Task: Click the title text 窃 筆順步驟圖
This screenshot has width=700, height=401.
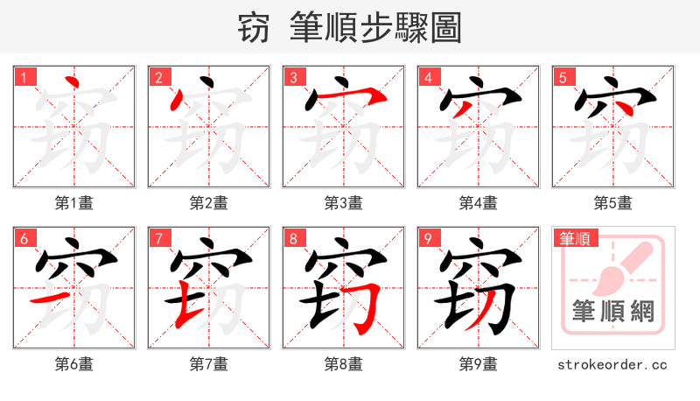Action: pos(349,28)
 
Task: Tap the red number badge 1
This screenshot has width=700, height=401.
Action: pos(24,77)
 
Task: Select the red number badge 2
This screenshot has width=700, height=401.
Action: pos(158,77)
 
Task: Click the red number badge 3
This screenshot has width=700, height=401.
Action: pos(293,77)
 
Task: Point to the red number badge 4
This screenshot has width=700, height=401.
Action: pos(428,77)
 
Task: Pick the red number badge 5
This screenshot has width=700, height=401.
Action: pos(563,77)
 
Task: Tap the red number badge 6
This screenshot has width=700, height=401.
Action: pos(24,238)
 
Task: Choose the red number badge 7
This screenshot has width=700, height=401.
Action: pos(158,238)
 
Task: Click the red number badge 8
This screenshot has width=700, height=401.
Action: pos(293,238)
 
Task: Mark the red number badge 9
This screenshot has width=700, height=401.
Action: pos(428,238)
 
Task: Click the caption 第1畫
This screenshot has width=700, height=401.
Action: pos(74,203)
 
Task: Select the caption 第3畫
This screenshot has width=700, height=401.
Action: pos(344,203)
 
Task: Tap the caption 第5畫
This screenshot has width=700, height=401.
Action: pos(613,203)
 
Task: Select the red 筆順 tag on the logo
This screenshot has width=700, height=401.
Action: pos(576,238)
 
